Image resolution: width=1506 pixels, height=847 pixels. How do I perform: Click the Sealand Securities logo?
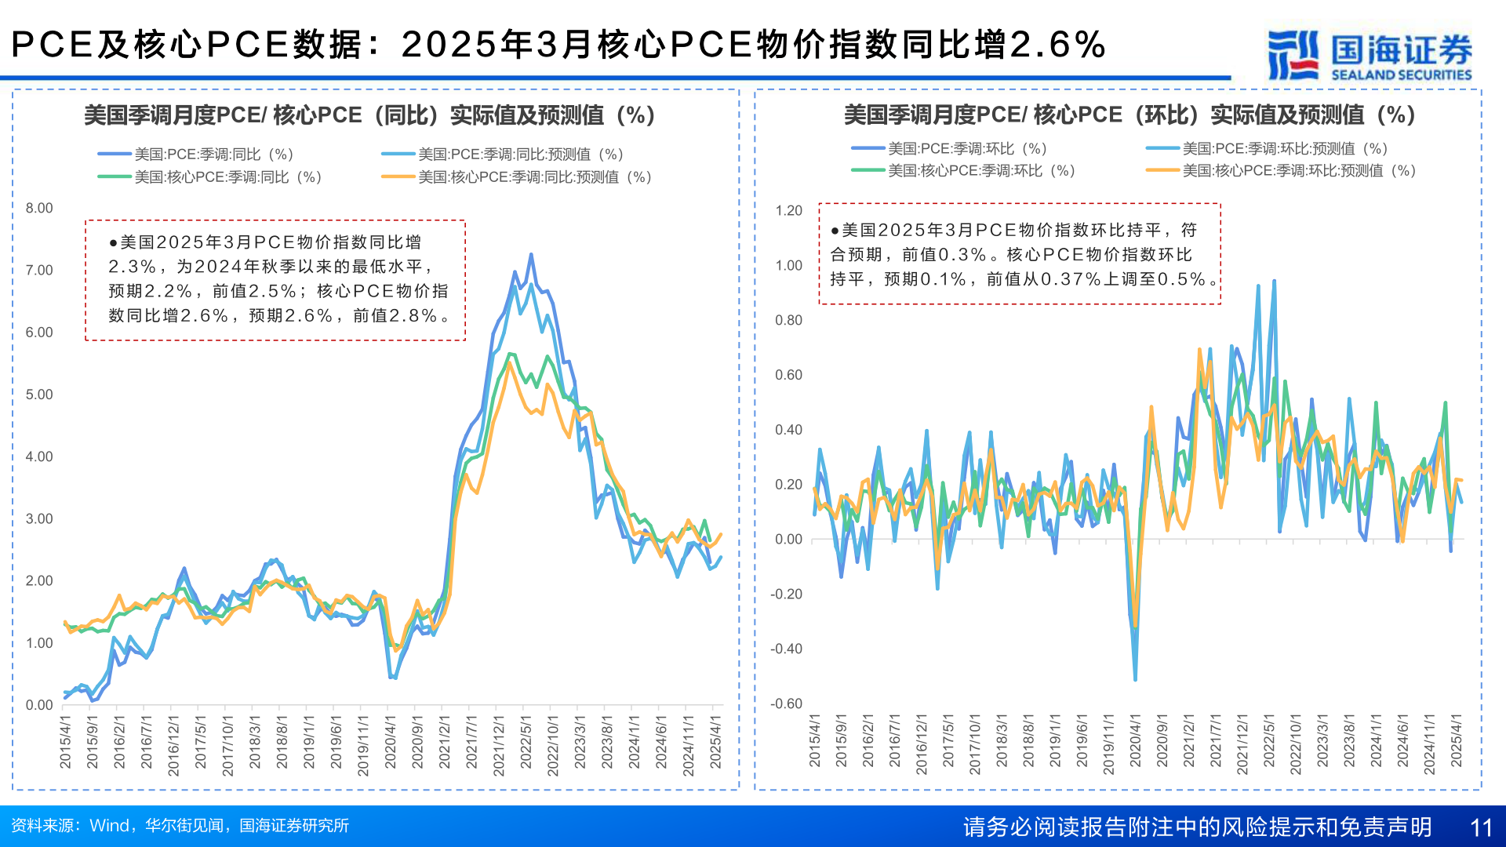1370,55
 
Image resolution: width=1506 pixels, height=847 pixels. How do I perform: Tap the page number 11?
1480,827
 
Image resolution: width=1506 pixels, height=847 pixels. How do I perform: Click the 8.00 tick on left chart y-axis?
39,209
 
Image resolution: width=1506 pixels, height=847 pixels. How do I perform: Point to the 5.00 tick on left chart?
39,394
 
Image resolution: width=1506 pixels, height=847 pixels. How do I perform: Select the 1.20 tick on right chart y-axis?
788,211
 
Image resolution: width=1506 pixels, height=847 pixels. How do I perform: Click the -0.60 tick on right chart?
786,703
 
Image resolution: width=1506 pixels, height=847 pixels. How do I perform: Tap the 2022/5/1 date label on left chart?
526,745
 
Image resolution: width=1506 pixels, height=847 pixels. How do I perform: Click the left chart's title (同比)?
369,115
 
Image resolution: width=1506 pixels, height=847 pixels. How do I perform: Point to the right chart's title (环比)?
1129,115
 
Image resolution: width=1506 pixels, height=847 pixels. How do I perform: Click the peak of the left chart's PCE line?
531,255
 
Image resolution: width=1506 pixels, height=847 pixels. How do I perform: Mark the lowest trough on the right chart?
1135,679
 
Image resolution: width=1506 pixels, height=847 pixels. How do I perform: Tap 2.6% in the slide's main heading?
1057,45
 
